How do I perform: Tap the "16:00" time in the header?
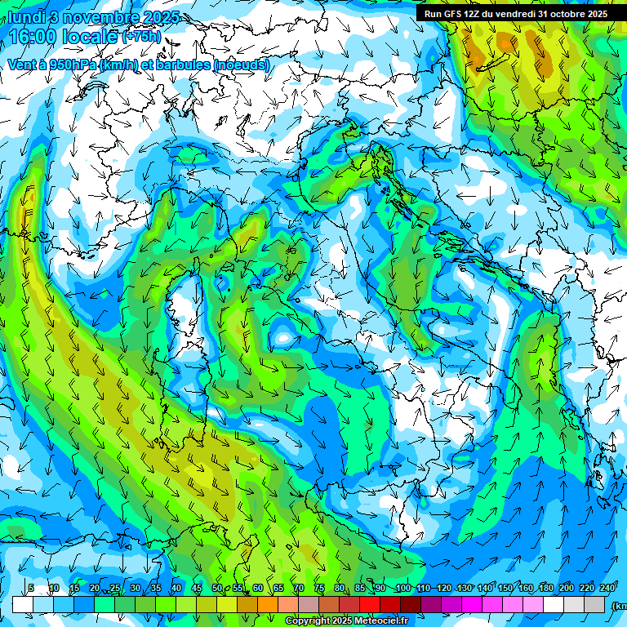[x=30, y=37]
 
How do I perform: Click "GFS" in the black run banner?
[x=452, y=14]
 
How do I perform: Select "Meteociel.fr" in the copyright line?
[x=388, y=621]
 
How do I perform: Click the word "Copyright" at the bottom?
[x=306, y=621]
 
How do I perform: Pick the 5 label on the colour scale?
[x=31, y=589]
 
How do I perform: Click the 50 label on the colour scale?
[x=216, y=589]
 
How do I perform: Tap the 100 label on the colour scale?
[x=402, y=589]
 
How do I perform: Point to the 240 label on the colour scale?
[x=607, y=589]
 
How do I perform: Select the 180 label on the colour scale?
[x=545, y=589]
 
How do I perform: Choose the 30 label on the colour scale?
[x=135, y=589]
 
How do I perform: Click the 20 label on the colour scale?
[x=94, y=589]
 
